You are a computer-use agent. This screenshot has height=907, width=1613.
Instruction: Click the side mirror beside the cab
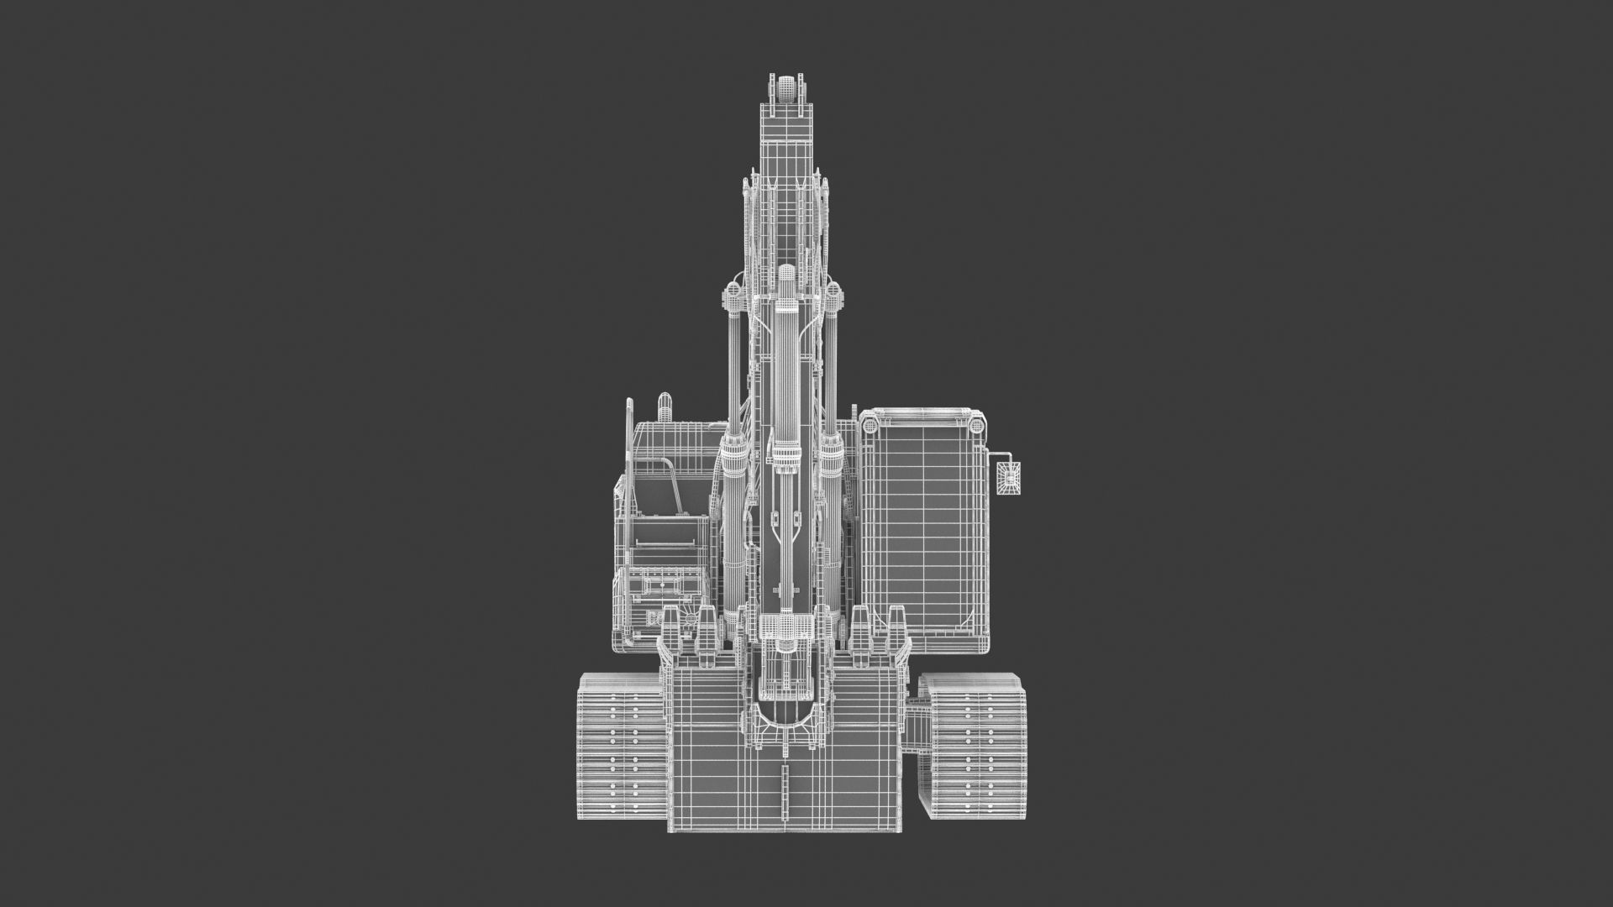[1009, 479]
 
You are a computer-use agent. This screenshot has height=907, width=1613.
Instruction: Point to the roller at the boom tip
[787, 87]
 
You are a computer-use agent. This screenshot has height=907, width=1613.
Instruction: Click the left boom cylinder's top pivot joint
[732, 292]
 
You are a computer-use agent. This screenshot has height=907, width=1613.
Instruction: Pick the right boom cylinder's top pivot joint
[833, 292]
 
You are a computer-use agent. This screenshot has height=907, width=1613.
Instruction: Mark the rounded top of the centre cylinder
[786, 273]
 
